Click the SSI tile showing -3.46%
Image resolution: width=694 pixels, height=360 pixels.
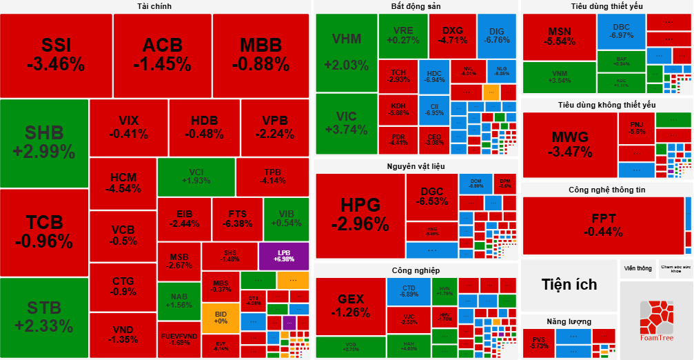pos(56,55)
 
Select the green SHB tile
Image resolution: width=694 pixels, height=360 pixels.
pos(44,142)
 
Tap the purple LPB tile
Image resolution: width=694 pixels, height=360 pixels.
pos(284,256)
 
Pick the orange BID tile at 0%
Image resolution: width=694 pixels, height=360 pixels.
pos(221,317)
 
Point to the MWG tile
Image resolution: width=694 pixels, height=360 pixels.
pos(569,144)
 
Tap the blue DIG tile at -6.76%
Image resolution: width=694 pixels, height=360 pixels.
pos(496,35)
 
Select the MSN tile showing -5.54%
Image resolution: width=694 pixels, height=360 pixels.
pos(558,37)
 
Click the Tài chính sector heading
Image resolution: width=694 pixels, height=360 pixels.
pos(154,6)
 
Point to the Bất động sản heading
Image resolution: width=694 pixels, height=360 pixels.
pos(416,6)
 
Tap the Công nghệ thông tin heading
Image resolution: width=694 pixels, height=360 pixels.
pos(606,190)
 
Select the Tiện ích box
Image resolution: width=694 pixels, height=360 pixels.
pos(569,285)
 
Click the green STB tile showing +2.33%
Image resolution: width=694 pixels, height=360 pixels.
pos(44,317)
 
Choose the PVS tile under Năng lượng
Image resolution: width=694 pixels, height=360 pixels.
pos(538,343)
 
